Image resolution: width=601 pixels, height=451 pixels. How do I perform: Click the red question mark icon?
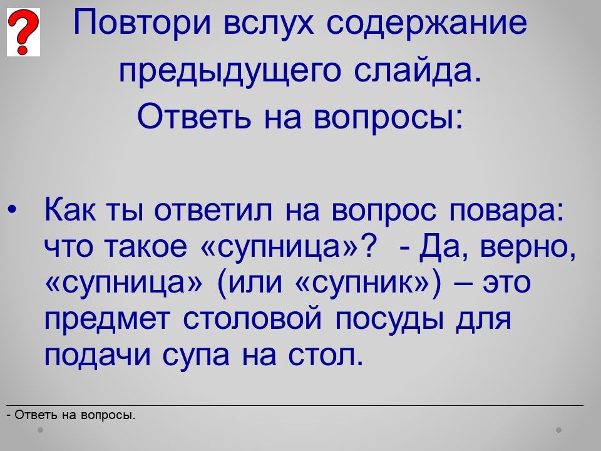tap(23, 33)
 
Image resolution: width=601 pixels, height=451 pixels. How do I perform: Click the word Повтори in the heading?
tap(143, 24)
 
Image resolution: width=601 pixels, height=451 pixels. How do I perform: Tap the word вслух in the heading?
tap(269, 24)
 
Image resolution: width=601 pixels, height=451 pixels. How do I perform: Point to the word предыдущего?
tap(230, 72)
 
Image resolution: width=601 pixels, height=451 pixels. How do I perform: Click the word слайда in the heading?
tap(417, 71)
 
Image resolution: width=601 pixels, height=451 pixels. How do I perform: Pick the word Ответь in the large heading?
tap(194, 115)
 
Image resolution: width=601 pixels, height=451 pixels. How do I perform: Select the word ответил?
tap(214, 210)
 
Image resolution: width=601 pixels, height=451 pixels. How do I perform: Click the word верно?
tap(528, 247)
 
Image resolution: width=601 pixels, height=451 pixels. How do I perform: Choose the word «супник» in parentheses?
tap(368, 283)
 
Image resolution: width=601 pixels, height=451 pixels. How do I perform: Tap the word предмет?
tap(107, 319)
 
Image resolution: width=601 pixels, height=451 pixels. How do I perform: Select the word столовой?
tap(252, 318)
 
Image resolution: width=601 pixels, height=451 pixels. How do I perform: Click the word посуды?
tap(390, 319)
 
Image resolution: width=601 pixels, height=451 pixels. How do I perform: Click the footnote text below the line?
tap(71, 415)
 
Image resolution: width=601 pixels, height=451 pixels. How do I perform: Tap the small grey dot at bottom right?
tap(559, 430)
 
